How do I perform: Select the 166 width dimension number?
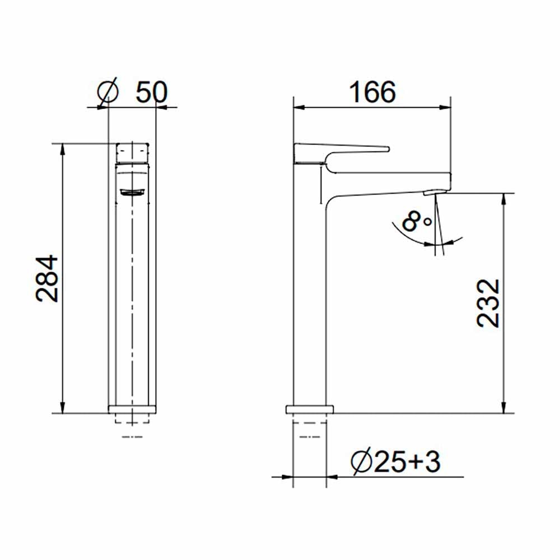tap(372, 92)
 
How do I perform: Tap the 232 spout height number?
tap(489, 303)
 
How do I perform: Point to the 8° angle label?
tap(417, 222)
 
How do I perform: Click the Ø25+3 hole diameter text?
tap(396, 462)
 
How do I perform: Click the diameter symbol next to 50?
tap(108, 92)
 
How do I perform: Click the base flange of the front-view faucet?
tap(132, 409)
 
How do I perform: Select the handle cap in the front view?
tap(133, 152)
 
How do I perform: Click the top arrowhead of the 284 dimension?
tap(62, 148)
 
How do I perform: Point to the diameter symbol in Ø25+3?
tap(359, 463)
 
